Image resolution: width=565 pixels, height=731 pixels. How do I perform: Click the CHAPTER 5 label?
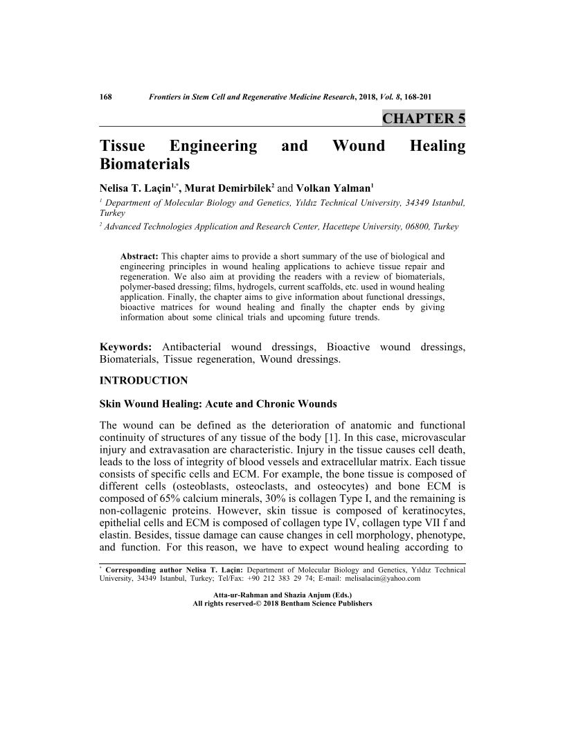point(423,118)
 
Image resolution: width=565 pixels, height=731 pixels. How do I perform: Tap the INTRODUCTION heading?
point(144,381)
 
